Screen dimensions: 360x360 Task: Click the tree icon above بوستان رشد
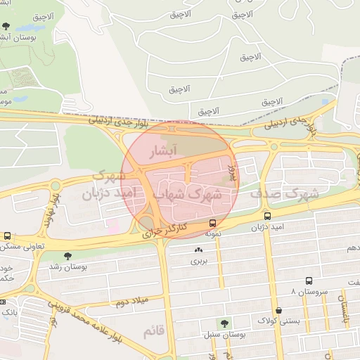click(67, 257)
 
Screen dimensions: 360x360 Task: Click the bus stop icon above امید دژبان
click(267, 216)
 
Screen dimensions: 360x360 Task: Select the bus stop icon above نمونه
click(212, 223)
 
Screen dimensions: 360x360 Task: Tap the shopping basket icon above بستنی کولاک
click(279, 310)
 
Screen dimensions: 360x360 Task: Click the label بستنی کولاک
click(279, 321)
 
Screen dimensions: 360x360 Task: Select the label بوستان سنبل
click(224, 335)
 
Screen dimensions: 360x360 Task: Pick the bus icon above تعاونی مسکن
click(7, 236)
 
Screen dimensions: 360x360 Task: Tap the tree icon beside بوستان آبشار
click(6, 26)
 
